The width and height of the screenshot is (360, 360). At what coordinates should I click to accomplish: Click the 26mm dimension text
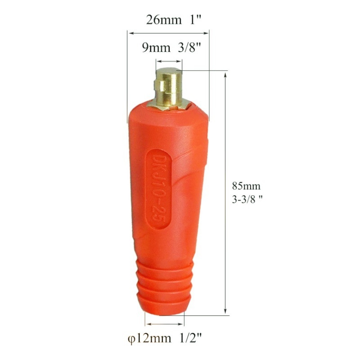(x=164, y=20)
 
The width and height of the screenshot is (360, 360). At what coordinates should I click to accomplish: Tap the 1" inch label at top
(x=195, y=19)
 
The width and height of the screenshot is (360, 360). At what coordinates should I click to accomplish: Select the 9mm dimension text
(x=156, y=48)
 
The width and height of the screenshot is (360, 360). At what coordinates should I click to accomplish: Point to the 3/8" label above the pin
(x=189, y=48)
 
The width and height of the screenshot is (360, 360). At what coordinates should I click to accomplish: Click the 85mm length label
(x=246, y=186)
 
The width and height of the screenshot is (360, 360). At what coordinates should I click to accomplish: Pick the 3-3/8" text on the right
(x=247, y=199)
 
